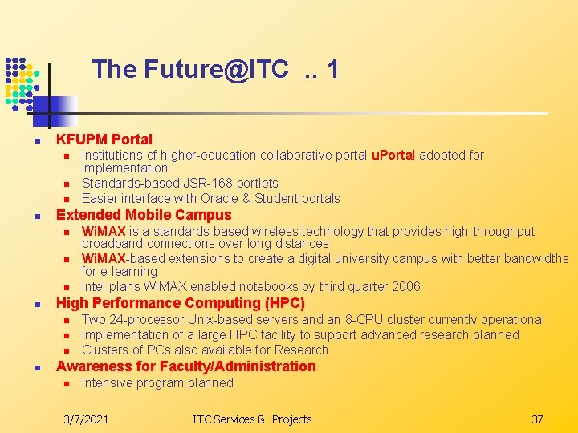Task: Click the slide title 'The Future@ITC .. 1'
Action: (215, 70)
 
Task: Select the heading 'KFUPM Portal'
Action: (104, 140)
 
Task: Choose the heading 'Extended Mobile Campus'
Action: (143, 215)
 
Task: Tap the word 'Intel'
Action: (93, 286)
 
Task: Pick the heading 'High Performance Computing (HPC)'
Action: (180, 303)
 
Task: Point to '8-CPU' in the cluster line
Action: (373, 319)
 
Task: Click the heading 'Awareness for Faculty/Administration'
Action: (185, 366)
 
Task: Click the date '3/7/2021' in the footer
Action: (87, 419)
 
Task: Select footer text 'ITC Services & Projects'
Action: (252, 419)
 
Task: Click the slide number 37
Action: (537, 419)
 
